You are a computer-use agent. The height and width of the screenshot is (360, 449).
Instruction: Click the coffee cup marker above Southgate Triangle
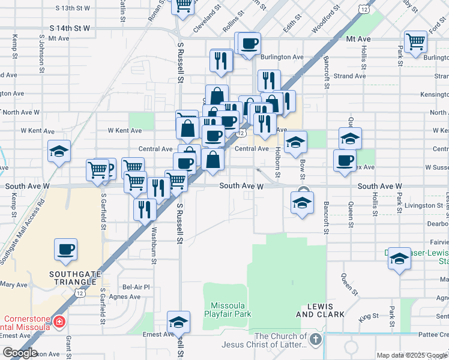point(65,249)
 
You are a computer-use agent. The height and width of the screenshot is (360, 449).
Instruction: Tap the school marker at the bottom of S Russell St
point(178,322)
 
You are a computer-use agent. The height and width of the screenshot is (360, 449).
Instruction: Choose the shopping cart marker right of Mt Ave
point(415,41)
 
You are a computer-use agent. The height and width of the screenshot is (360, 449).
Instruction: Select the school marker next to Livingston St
point(302,202)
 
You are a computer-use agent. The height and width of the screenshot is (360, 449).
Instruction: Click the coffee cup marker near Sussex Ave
point(345,160)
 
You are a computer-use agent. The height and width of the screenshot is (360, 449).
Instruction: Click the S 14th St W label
point(70,28)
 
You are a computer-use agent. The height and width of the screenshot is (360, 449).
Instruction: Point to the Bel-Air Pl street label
point(136,287)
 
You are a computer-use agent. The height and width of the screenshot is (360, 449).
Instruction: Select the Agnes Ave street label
point(125,296)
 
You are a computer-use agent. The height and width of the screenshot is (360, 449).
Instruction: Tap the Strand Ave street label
point(349,76)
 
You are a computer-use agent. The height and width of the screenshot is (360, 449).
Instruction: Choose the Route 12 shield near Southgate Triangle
point(79,292)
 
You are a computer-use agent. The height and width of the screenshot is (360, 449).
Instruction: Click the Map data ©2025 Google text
point(411,355)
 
